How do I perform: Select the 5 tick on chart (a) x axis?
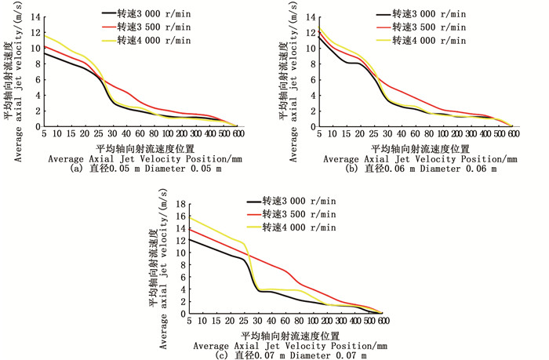[44, 135]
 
